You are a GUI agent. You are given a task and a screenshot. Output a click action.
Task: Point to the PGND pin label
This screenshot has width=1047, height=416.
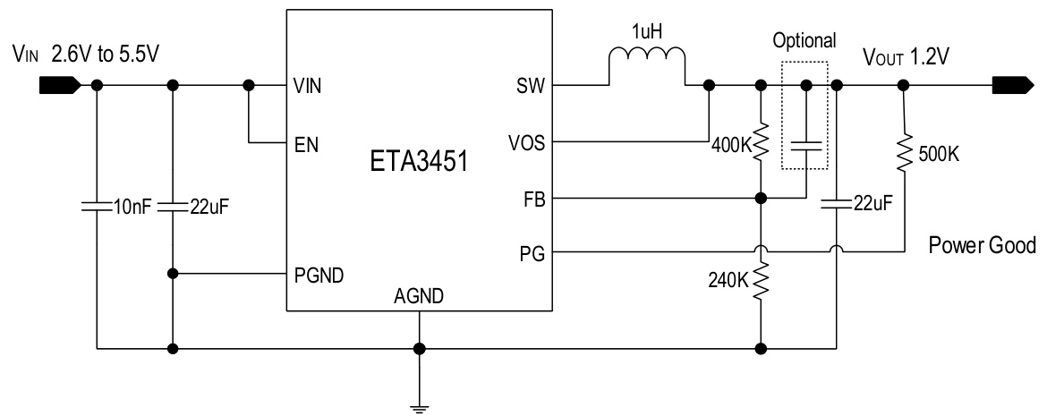[315, 273]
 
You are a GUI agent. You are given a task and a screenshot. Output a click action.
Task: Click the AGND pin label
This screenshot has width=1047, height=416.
[417, 297]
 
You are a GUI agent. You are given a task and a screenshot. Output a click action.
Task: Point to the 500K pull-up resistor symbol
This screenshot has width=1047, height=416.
[904, 153]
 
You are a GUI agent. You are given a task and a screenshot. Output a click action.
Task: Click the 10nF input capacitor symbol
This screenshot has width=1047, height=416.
[97, 207]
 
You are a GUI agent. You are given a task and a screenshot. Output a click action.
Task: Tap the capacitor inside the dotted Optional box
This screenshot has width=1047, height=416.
[806, 146]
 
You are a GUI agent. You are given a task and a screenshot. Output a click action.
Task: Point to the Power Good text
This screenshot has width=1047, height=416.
[982, 245]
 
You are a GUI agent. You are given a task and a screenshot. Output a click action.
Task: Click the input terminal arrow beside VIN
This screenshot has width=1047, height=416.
[59, 86]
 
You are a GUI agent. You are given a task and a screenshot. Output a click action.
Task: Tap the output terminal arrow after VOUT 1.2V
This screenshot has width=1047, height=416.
[1015, 86]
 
